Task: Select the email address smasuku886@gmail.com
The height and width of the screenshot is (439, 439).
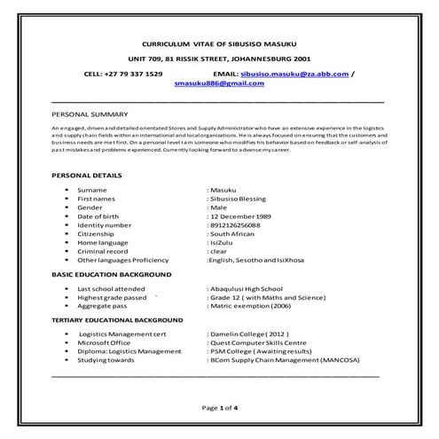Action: tap(219, 83)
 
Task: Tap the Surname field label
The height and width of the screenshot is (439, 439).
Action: tap(92, 191)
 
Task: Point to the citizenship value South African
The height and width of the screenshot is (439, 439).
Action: tap(235, 234)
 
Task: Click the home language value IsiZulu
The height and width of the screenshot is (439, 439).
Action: tap(223, 242)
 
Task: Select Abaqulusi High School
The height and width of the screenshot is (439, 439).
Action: tap(247, 289)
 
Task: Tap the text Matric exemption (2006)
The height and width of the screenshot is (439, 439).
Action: tap(249, 306)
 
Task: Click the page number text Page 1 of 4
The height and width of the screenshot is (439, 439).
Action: tap(219, 408)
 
